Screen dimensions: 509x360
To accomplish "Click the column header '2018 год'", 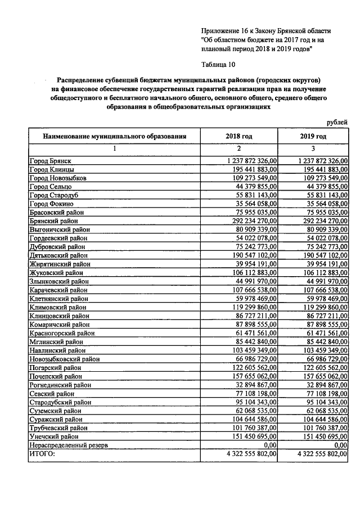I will (239, 136).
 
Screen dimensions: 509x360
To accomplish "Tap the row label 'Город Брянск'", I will (50, 161).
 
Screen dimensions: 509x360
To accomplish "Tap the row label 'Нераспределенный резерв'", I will (68, 445).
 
